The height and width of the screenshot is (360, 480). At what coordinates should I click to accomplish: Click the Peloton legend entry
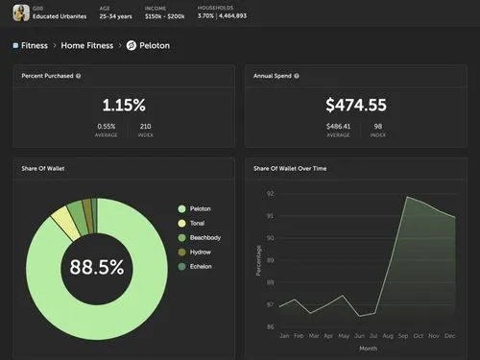pyautogui.click(x=200, y=208)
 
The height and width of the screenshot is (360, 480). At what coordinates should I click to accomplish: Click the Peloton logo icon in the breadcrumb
pyautogui.click(x=132, y=45)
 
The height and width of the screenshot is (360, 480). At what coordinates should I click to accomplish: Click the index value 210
pyautogui.click(x=146, y=126)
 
